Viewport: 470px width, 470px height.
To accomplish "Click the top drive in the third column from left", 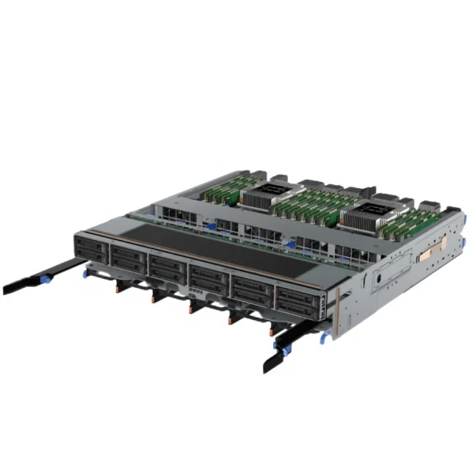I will [167, 261].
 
